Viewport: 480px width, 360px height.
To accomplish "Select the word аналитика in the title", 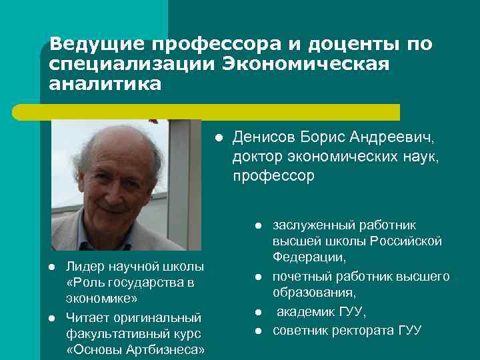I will point(105,85).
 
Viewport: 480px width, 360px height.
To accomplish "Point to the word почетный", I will point(297,276).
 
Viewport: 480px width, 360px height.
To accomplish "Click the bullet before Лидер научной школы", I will point(51,267).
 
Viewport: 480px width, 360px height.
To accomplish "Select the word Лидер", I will point(82,267).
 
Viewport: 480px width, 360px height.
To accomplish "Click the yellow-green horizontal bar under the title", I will point(220,111).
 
